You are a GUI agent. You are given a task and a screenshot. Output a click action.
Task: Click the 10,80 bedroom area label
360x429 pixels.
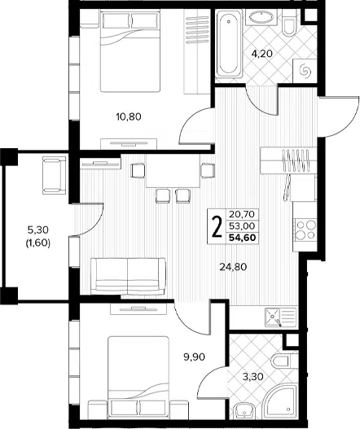(x=129, y=117)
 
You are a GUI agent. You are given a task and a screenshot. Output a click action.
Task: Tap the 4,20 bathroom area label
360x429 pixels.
(x=262, y=54)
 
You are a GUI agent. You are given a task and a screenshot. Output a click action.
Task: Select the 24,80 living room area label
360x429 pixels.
(x=233, y=266)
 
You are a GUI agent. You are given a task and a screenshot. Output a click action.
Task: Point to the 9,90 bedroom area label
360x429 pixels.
(x=194, y=357)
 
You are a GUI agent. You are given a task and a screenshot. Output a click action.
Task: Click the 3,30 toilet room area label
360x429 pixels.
(x=253, y=377)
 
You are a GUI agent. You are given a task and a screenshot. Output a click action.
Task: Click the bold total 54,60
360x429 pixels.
(x=243, y=238)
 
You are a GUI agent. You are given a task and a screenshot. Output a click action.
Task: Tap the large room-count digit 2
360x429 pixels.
(x=217, y=226)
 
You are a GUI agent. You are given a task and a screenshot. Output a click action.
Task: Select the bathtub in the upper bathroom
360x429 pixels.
(x=229, y=43)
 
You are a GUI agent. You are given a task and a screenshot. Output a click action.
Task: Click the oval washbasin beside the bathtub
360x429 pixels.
(x=261, y=18)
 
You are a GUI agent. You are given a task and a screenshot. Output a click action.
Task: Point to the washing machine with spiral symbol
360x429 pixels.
(x=305, y=71)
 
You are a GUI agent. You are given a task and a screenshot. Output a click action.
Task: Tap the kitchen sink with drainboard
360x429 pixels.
(x=280, y=317)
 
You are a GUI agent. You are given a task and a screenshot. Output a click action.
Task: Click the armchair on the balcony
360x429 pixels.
(x=55, y=175)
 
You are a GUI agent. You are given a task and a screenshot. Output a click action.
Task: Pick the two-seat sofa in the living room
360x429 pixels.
(x=128, y=276)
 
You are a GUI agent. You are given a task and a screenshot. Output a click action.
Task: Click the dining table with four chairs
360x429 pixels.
(x=173, y=171)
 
